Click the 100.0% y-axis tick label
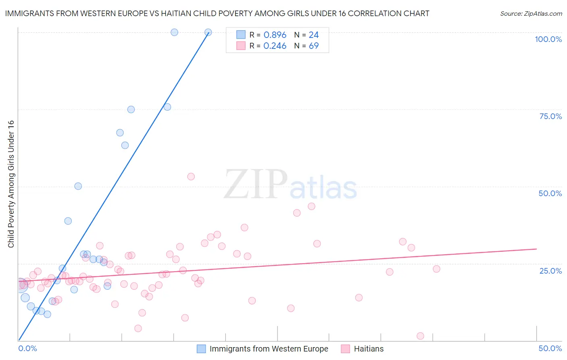548,39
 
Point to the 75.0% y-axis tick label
550,116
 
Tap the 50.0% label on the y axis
550,193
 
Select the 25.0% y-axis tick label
550,270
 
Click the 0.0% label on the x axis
27,348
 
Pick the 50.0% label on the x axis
550,348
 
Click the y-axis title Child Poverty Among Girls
11,184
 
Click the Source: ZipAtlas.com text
531,13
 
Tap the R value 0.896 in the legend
275,35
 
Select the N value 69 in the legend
314,46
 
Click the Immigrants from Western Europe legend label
269,349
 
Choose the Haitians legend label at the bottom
369,349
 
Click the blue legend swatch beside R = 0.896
241,35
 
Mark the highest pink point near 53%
191,176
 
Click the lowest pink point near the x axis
420,336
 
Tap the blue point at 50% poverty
78,186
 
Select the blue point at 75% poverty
131,109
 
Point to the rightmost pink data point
436,269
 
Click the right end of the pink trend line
536,249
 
